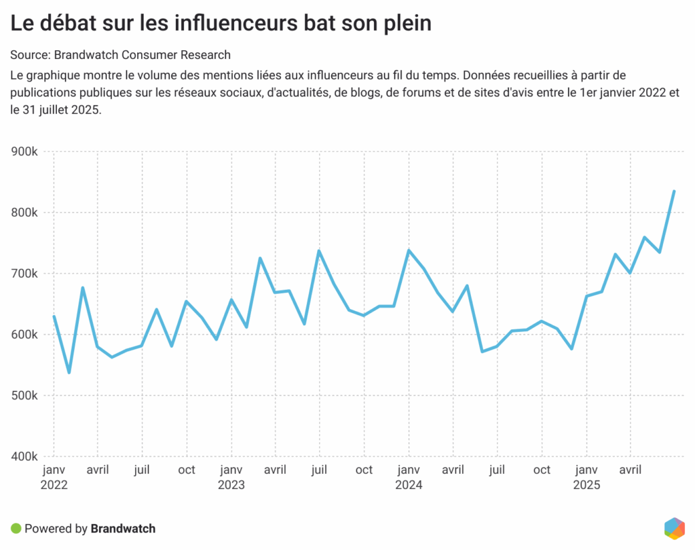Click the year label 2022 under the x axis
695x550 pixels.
coord(55,485)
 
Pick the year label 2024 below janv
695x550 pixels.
coord(409,485)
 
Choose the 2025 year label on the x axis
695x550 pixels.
coord(586,485)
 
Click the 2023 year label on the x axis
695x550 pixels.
coord(231,485)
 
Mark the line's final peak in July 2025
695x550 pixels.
coord(674,191)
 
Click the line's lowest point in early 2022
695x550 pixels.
coord(69,373)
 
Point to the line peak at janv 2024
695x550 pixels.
coord(409,250)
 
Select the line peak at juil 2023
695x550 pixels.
coord(319,251)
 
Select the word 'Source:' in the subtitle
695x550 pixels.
coord(30,55)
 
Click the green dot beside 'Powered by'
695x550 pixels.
coord(16,528)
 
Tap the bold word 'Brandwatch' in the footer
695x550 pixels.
coord(123,528)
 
